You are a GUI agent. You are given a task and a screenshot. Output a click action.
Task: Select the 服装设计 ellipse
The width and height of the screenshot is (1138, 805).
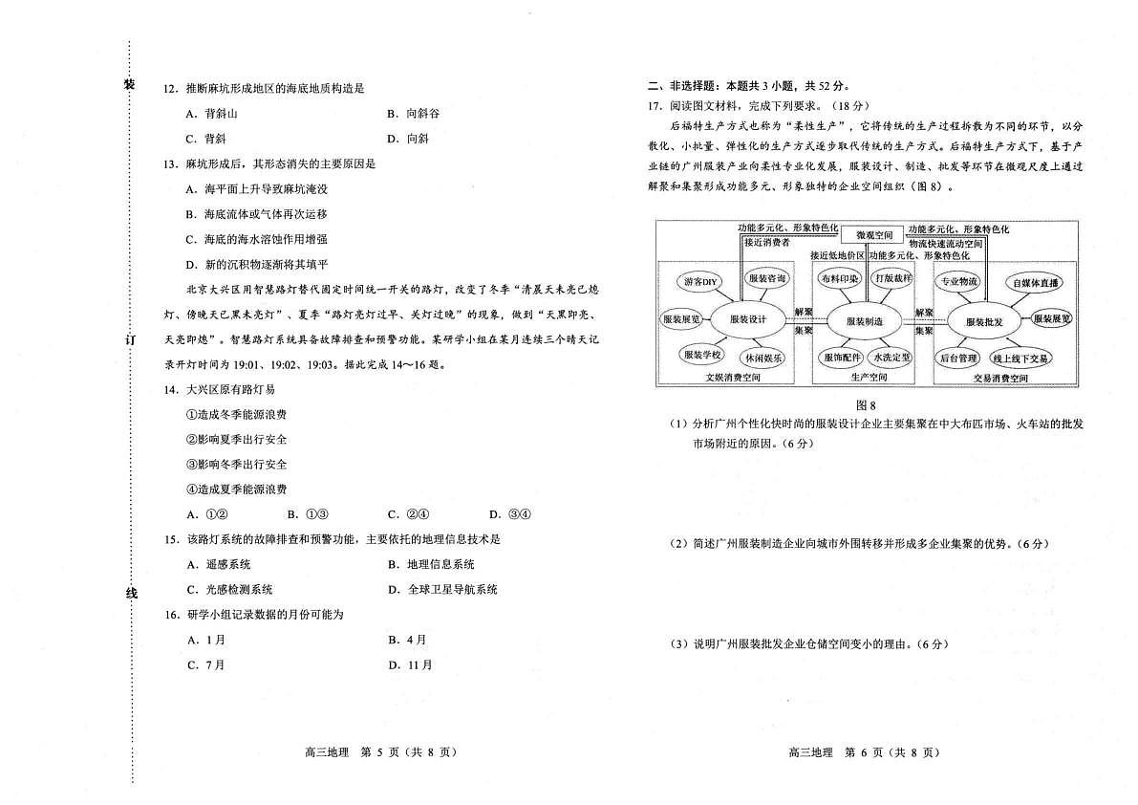click(x=748, y=320)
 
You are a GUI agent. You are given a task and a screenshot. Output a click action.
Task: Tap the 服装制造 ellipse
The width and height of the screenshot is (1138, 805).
click(x=864, y=321)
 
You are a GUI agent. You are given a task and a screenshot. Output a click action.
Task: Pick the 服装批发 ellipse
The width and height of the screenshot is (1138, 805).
click(x=983, y=321)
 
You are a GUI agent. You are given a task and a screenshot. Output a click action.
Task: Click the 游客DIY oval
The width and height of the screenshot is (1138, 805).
click(x=700, y=282)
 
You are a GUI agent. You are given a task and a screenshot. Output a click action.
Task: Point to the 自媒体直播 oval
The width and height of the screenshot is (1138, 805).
click(x=1035, y=282)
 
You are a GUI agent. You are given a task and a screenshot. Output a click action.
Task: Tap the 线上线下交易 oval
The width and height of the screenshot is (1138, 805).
click(x=1020, y=359)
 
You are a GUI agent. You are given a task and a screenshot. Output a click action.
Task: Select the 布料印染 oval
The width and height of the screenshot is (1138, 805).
click(x=839, y=279)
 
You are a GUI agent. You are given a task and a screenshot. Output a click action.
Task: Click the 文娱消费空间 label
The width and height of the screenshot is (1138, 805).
click(x=733, y=378)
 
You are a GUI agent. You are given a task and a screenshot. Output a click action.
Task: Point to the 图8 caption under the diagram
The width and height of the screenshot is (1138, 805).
click(x=866, y=405)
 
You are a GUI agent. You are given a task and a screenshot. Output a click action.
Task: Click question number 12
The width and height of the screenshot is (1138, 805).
click(x=170, y=89)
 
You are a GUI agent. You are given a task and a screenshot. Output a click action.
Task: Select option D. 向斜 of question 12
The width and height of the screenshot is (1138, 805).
click(x=408, y=139)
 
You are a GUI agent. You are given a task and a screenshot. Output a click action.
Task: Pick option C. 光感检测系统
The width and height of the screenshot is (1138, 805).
click(x=229, y=590)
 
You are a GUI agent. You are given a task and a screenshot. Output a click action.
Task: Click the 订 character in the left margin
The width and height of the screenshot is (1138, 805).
click(x=131, y=339)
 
